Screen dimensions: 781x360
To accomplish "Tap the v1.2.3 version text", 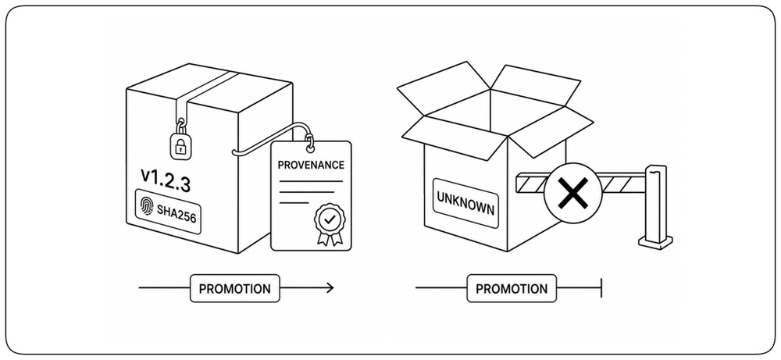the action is [x=166, y=181].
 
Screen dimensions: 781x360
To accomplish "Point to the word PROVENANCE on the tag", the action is [x=311, y=165].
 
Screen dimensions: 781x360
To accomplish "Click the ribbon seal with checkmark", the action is [x=328, y=224].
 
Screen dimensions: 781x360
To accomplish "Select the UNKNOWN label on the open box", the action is [x=465, y=203].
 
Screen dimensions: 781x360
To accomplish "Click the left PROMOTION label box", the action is [x=235, y=288].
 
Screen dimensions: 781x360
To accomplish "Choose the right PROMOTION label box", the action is [x=512, y=288].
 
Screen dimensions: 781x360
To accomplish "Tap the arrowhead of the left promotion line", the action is [x=330, y=288].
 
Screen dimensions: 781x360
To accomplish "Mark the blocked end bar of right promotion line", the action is [x=601, y=288].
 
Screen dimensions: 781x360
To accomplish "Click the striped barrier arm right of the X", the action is [x=623, y=182].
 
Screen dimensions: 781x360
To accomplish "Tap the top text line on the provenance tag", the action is [x=310, y=181].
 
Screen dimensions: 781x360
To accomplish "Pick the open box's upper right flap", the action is [x=537, y=84].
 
